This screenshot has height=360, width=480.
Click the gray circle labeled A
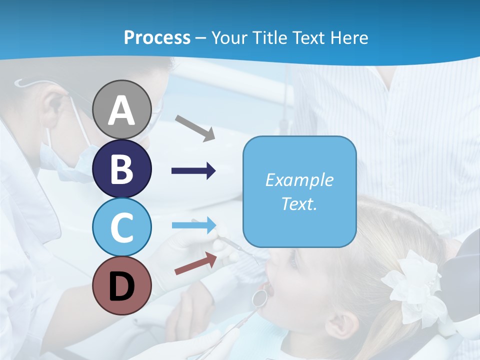coord(122,109)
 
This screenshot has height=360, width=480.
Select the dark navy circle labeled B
coord(122,168)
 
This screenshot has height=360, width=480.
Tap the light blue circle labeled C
coord(122,227)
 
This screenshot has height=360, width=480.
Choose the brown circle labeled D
coord(122,285)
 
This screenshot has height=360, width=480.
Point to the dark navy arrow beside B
coord(193,171)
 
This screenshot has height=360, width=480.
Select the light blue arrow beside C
coord(194,225)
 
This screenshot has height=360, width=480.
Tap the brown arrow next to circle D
coord(195,263)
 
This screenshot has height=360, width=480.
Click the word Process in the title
coord(157,37)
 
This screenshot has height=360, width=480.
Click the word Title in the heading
coord(268,37)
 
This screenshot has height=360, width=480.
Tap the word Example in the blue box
coord(299,180)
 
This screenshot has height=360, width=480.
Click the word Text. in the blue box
coord(299,203)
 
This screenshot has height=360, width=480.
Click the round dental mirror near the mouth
coord(259,297)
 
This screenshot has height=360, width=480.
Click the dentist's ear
coord(54,106)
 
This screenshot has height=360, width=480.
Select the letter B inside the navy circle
coord(122,168)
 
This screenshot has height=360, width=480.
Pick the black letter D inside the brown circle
coord(122,286)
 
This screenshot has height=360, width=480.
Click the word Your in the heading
coord(228,37)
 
